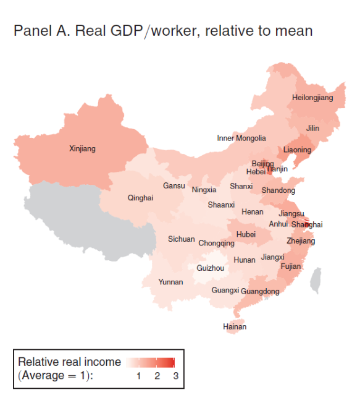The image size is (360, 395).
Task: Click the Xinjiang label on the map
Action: coord(82,148)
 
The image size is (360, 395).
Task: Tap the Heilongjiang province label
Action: coord(312,98)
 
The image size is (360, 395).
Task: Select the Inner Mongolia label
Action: coord(241,138)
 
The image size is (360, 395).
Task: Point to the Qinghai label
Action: coord(140,198)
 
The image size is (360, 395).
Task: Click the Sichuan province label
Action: coord(182,239)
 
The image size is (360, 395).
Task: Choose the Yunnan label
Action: coord(170,282)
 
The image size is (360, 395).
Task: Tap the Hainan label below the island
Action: coord(235,326)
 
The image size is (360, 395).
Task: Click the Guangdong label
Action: coord(260,291)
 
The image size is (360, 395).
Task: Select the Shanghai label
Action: coord(306,224)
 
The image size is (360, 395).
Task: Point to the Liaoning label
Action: coord(297,150)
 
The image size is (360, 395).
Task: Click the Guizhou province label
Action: coord(211,268)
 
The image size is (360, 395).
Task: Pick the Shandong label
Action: coord(278,190)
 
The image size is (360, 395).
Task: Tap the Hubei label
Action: coord(246,234)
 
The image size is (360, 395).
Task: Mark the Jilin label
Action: coord(312,129)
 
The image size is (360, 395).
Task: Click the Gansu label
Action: coord(174,185)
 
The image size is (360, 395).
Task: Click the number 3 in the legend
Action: coord(175,376)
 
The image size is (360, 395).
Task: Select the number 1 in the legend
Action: coord(139,376)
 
